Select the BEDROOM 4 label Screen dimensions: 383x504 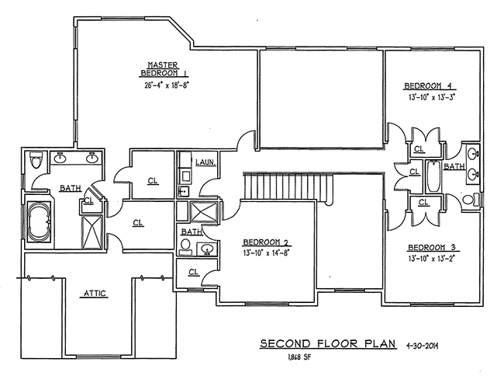click(x=426, y=85)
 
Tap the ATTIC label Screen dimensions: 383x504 click(x=94, y=293)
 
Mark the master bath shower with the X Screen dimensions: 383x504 click(x=91, y=229)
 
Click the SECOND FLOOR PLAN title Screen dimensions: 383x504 click(x=327, y=343)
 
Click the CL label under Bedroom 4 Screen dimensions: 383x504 click(x=419, y=149)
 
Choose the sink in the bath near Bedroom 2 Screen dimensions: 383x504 click(x=206, y=249)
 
